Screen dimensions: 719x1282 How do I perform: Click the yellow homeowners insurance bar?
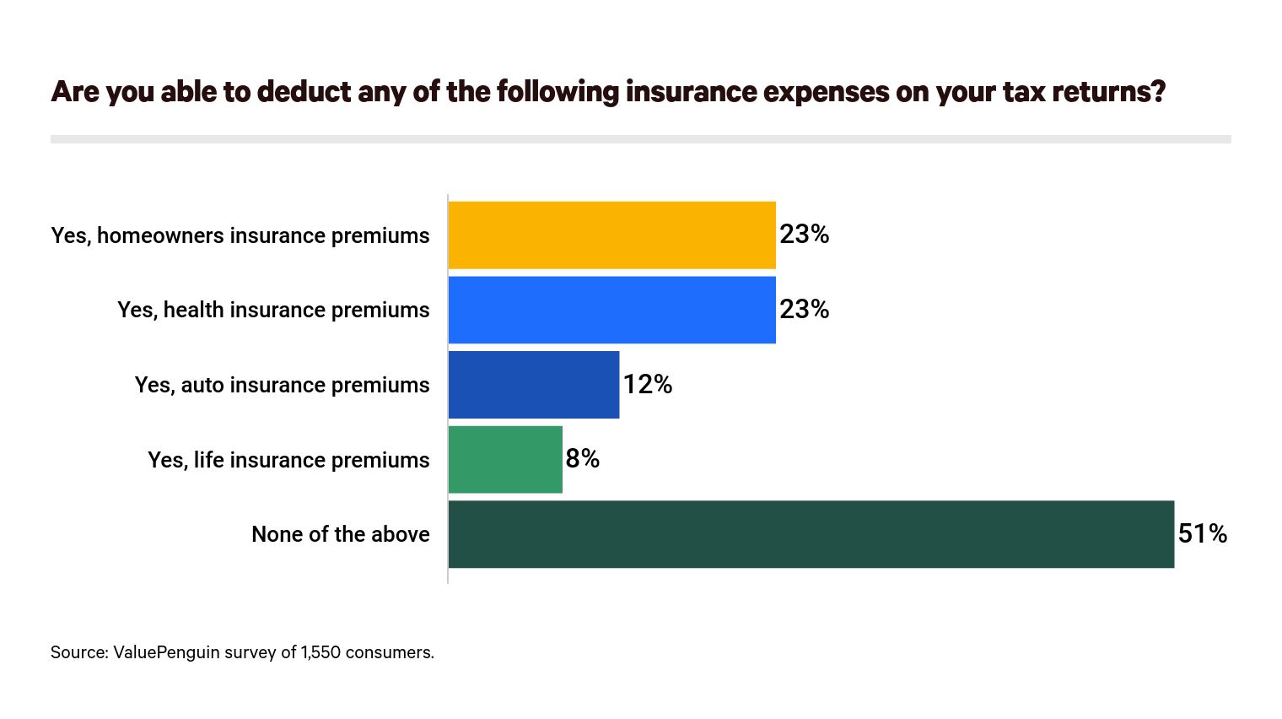point(611,235)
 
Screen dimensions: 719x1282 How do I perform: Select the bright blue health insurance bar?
point(611,310)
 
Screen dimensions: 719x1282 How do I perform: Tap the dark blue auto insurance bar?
point(533,385)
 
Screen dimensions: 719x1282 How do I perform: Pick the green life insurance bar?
point(505,459)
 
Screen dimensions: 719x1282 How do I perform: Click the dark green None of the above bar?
point(811,534)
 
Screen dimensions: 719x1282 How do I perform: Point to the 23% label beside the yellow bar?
point(804,235)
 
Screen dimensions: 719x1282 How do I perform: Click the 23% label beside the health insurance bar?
point(804,310)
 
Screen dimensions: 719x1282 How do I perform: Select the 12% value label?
point(647,385)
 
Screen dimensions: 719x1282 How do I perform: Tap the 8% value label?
point(582,459)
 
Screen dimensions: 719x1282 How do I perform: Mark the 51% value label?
point(1202,534)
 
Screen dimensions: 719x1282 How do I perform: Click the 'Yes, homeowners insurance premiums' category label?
point(240,235)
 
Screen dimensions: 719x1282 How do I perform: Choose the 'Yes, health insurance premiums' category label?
point(273,311)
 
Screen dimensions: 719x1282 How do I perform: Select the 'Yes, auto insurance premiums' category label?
point(282,386)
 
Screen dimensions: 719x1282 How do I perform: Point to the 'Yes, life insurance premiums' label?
point(288,460)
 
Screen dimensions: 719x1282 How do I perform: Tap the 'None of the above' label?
point(341,535)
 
